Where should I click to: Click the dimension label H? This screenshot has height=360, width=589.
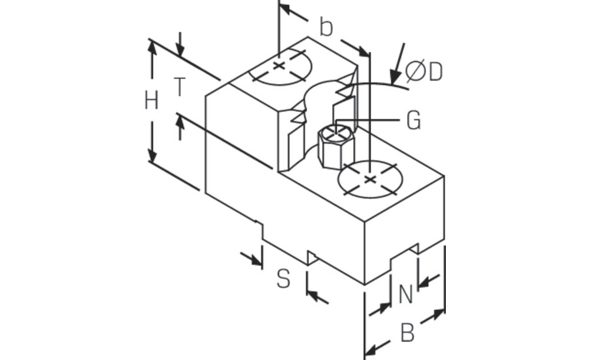coord(152,101)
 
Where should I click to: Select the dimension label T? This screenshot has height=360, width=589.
coord(180,87)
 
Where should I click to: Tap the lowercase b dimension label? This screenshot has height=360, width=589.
coord(326,27)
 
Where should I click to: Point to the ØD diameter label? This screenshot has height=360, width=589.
coord(424,71)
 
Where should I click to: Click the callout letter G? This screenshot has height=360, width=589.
coord(413,121)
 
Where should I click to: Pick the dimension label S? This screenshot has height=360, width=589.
coord(284,279)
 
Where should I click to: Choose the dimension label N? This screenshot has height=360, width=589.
coord(406,295)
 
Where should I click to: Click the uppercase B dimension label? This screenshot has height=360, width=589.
coord(408,332)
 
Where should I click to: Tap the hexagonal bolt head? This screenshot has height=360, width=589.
coord(336,147)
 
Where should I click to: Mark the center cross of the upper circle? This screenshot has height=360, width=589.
coord(279,66)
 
